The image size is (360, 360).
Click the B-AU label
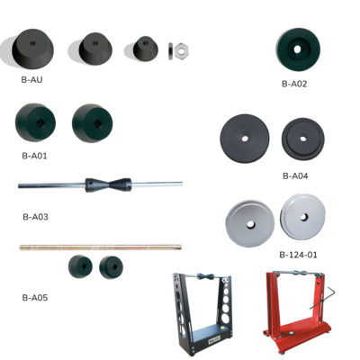tap(32, 80)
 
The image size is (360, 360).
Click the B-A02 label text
tap(294, 84)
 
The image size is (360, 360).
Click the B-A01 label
tap(34, 154)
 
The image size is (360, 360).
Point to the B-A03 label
tap(34, 217)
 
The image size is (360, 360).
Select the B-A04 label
tap(295, 175)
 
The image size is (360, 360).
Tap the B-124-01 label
tap(298, 255)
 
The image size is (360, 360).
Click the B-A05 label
tap(34, 296)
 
